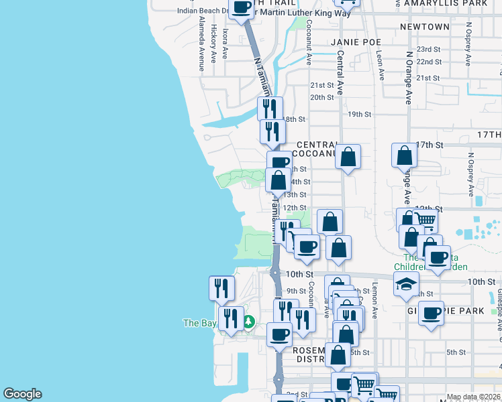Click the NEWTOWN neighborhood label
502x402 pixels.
click(x=423, y=27)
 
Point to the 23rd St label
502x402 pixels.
click(x=428, y=50)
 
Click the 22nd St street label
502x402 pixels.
click(x=428, y=62)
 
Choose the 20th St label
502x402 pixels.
click(x=321, y=98)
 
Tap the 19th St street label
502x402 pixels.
click(x=359, y=114)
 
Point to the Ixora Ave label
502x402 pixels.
click(x=225, y=43)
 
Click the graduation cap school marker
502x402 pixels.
click(x=406, y=285)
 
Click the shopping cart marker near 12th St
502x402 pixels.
click(x=425, y=220)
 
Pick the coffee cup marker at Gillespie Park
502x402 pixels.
click(x=431, y=313)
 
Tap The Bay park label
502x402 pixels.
click(x=199, y=323)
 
